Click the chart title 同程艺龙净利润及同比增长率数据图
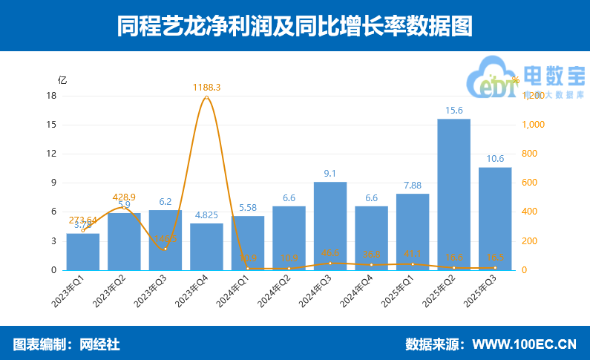pos(295,26)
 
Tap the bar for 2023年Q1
pos(83,252)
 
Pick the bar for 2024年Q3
pos(330,226)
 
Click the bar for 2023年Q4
pos(206,246)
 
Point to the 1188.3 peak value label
pos(206,88)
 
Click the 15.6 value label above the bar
pos(453,111)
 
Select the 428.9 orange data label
pos(124,197)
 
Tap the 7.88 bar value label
pos(413,186)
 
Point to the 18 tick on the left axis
pos(51,96)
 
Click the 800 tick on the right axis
pos(532,154)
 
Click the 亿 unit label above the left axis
pos(62,80)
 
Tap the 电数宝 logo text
pos(554,75)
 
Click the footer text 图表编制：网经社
pos(66,344)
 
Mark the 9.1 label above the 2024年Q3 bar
pos(330,174)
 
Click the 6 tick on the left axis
pos(53,212)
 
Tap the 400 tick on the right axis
pos(532,212)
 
